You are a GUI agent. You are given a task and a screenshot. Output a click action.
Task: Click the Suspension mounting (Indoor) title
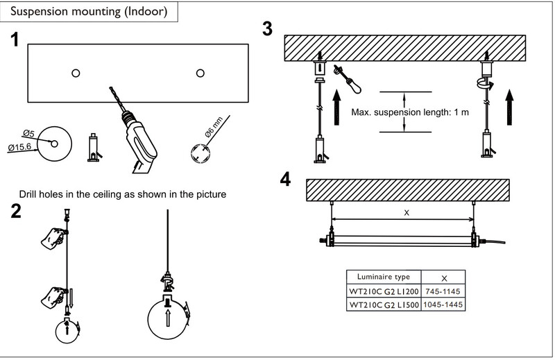[x=89, y=11]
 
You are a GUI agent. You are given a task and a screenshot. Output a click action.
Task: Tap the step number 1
[x=15, y=40]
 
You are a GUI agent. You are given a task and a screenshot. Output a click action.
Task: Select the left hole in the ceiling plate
[x=76, y=73]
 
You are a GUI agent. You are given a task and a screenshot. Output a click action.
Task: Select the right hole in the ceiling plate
[x=200, y=73]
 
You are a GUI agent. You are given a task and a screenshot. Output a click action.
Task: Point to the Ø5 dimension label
[x=28, y=133]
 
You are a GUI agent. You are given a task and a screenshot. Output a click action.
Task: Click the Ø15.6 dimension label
[x=19, y=146]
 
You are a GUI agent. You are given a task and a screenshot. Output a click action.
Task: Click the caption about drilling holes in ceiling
[x=123, y=194]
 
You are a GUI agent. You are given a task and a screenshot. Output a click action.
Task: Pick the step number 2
[x=16, y=211]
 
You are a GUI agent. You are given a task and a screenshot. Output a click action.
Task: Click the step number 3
[x=268, y=28]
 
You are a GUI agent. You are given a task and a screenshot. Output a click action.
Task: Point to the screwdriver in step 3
[x=348, y=79]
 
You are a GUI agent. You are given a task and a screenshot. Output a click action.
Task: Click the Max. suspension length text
[x=410, y=112]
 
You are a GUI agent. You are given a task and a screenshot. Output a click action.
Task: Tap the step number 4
[x=285, y=179]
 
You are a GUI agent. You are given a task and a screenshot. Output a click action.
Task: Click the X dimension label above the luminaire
[x=407, y=213]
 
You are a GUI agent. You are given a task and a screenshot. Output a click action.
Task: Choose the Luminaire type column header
[x=384, y=277]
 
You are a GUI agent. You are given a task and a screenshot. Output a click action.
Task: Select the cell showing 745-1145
[x=443, y=291]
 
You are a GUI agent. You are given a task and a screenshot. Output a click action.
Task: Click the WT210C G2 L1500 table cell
[x=384, y=305]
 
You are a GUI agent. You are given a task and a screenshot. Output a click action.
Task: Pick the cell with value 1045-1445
[x=443, y=305]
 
